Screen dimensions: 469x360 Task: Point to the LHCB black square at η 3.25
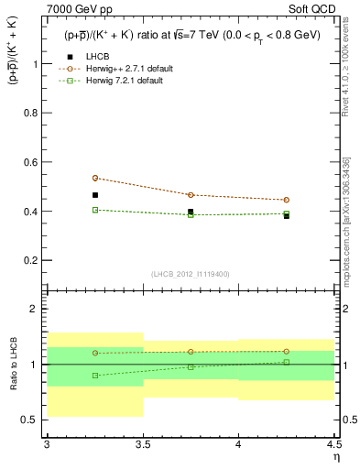coord(94,195)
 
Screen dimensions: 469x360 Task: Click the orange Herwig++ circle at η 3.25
coord(94,178)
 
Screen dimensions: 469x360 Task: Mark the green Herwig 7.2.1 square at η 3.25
coord(94,210)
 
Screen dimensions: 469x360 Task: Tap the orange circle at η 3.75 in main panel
coord(191,195)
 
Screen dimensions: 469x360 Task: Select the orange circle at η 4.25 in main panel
coord(287,200)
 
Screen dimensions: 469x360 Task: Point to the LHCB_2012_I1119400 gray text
coord(191,274)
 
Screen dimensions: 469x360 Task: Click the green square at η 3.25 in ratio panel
coord(94,376)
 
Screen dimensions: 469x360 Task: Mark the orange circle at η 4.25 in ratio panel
coord(287,351)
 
